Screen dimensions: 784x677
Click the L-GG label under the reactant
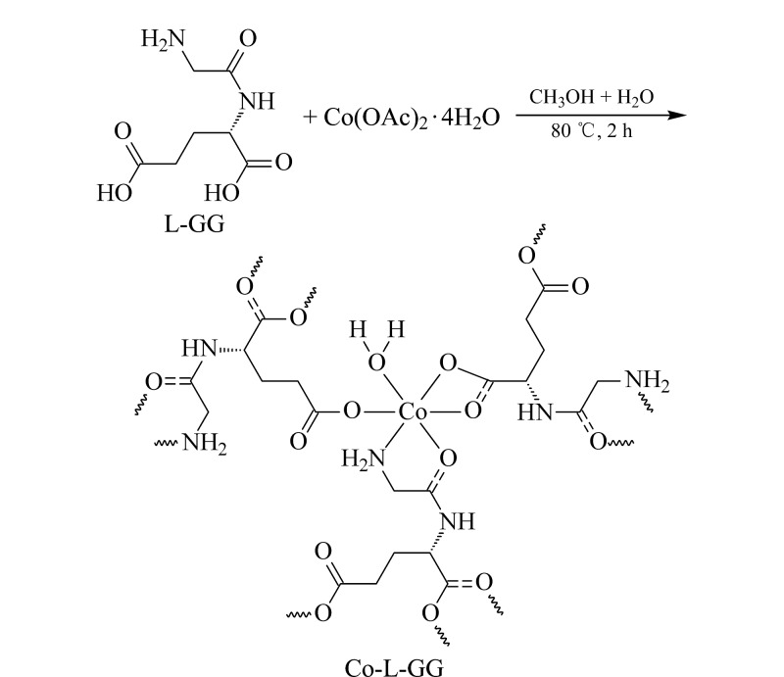[x=194, y=223]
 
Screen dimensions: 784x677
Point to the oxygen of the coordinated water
[x=376, y=364]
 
